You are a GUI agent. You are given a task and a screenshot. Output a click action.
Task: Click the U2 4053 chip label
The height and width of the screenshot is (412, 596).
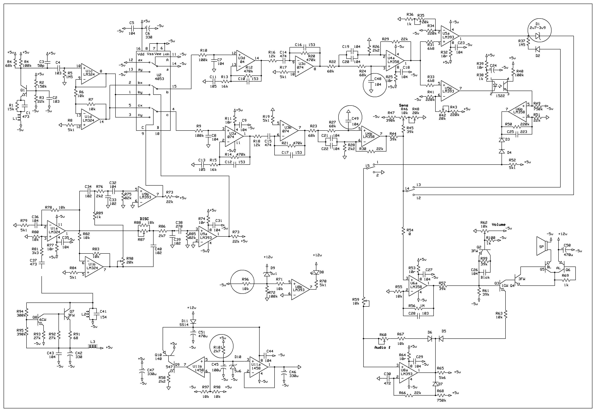pyautogui.click(x=159, y=77)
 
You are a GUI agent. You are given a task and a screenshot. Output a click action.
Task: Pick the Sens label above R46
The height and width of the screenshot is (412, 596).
pyautogui.click(x=403, y=105)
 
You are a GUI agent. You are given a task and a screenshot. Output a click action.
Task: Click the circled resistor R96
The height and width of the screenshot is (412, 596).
pyautogui.click(x=242, y=284)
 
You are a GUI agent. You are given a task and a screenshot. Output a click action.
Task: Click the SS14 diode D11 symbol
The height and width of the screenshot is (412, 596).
pyautogui.click(x=193, y=322)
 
